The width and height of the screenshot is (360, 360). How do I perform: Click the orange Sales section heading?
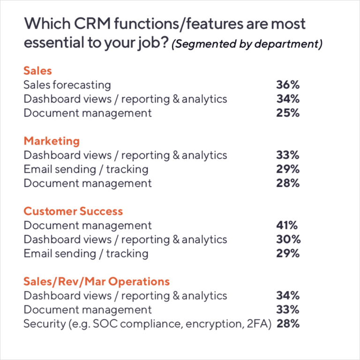click(x=37, y=71)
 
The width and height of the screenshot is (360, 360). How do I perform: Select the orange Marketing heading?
click(x=52, y=141)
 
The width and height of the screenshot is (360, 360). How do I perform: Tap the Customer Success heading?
click(x=73, y=211)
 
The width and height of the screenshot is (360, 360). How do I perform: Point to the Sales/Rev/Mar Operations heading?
click(x=97, y=282)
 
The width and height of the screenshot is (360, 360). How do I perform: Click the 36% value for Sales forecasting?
click(x=288, y=85)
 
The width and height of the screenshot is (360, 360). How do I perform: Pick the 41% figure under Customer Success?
click(x=287, y=225)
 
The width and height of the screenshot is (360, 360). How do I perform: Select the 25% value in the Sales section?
click(x=288, y=113)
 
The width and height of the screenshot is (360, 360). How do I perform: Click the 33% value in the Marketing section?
click(x=288, y=155)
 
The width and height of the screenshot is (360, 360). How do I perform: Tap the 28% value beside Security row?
click(x=288, y=324)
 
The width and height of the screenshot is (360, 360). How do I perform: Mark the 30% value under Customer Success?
click(x=288, y=240)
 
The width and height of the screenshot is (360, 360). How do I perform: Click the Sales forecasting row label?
click(x=67, y=85)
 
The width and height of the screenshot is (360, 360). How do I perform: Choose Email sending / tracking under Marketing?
click(x=86, y=169)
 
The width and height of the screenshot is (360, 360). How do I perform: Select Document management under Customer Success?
click(x=88, y=225)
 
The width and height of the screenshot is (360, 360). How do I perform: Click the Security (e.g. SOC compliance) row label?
click(x=147, y=324)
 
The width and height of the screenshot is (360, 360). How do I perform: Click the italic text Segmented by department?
click(x=247, y=45)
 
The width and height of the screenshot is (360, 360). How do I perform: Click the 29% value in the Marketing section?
click(x=288, y=169)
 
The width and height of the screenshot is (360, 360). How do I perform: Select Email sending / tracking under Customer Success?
click(x=86, y=254)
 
